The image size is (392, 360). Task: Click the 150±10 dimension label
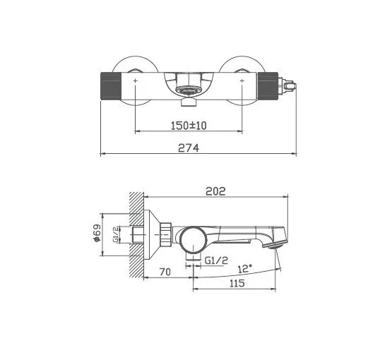pyautogui.click(x=189, y=126)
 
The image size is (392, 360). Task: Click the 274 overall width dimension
pyautogui.click(x=189, y=148)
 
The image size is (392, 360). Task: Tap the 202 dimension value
pyautogui.click(x=215, y=191)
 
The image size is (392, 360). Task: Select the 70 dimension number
pyautogui.click(x=165, y=272)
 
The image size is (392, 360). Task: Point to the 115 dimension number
pyautogui.click(x=237, y=283)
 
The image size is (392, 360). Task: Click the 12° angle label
pyautogui.click(x=245, y=269)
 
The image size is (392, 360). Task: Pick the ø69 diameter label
pyautogui.click(x=97, y=233)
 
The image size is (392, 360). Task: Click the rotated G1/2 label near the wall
pyautogui.click(x=116, y=234)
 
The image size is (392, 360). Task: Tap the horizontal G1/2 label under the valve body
pyautogui.click(x=216, y=260)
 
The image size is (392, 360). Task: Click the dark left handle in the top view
pyautogui.click(x=111, y=86)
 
